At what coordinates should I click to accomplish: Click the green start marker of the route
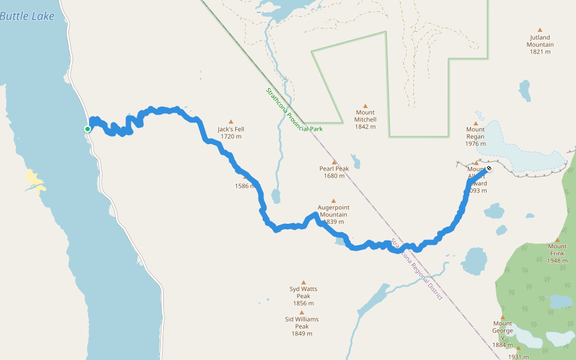88,128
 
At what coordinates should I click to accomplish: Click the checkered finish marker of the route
490,168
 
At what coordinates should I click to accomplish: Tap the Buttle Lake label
27,16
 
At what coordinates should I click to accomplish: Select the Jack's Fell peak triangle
230,121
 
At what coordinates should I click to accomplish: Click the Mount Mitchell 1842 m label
365,119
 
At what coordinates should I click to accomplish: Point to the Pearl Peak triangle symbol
334,161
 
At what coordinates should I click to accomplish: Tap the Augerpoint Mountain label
334,211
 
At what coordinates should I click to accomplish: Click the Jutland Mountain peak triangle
540,29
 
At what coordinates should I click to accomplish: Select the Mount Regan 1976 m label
475,136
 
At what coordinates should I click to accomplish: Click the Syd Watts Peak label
303,292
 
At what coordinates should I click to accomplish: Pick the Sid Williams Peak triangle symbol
302,312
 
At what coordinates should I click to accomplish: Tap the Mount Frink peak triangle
557,239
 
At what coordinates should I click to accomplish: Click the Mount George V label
503,331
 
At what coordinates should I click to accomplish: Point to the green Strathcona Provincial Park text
294,110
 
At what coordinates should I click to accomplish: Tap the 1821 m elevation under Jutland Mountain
540,52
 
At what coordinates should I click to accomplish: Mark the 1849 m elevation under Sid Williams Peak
302,334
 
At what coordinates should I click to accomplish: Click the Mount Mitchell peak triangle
365,106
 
